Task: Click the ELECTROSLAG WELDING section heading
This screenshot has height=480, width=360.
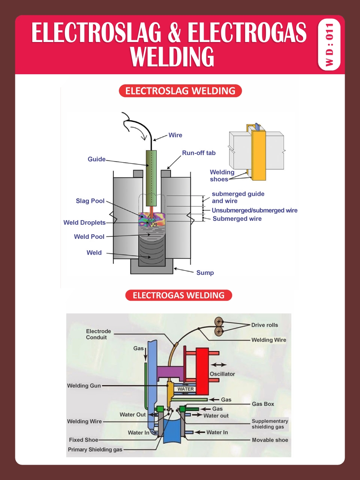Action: [180, 91]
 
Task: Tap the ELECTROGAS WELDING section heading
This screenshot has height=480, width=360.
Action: [178, 295]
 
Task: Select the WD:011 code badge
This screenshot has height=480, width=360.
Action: [329, 45]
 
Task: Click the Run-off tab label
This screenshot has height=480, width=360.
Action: [199, 153]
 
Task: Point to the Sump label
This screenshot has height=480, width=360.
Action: [205, 273]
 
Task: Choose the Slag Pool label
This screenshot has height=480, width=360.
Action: [90, 201]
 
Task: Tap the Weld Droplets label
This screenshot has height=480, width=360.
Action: [84, 222]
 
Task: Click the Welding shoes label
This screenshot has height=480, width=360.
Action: [222, 175]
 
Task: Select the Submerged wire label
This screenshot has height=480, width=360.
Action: [237, 219]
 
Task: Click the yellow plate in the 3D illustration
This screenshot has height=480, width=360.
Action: [259, 155]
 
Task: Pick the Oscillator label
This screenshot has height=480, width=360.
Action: [222, 374]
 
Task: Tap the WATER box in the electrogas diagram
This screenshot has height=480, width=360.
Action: [186, 389]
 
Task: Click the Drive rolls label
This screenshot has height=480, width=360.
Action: [264, 325]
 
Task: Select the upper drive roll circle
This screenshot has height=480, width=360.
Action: [219, 321]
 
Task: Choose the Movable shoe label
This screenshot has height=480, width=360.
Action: [270, 440]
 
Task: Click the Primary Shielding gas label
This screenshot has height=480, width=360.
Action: [95, 449]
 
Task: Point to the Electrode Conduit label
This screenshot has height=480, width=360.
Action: [98, 334]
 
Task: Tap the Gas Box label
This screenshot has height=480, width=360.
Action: [263, 404]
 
